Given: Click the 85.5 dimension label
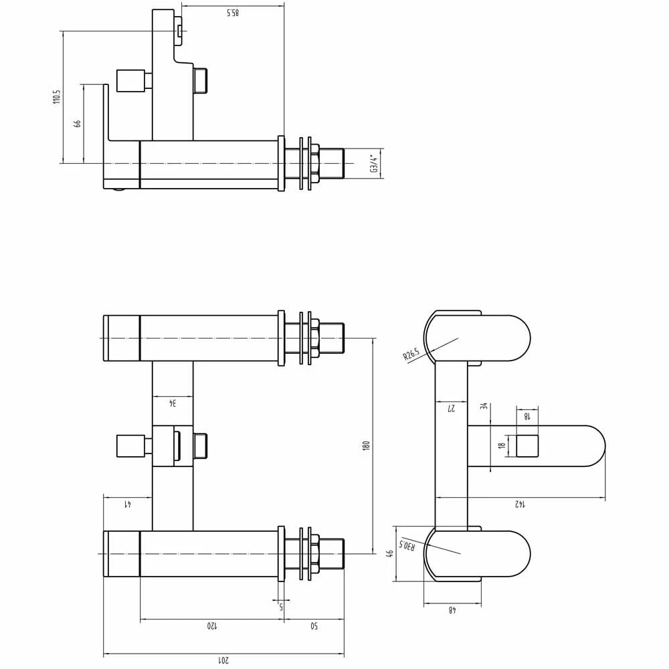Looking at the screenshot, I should [x=232, y=13].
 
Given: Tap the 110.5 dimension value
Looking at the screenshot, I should [x=57, y=96].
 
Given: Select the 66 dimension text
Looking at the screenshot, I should [x=78, y=124].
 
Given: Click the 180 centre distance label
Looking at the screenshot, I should [x=366, y=446].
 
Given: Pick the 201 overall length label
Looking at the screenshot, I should [x=223, y=660].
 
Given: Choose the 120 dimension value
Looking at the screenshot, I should [x=211, y=627].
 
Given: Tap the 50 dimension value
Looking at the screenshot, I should [x=314, y=627].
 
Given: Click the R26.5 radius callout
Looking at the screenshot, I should [x=411, y=353].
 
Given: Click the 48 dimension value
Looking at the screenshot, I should [x=452, y=609].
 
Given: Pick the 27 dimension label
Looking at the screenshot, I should [x=452, y=408].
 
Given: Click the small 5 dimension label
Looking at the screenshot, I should [x=281, y=607].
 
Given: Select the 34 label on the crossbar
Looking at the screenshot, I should [x=172, y=403].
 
